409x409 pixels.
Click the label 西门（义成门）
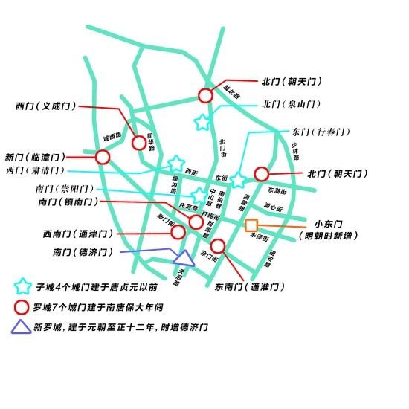click(45, 106)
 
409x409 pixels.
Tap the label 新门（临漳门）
click(35, 158)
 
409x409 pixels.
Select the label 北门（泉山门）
click(291, 105)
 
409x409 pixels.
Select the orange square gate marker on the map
click(251, 225)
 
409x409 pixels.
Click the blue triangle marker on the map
click(184, 257)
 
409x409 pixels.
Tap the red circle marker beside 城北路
click(206, 95)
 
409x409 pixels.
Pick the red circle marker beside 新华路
click(138, 143)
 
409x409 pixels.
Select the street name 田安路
click(273, 258)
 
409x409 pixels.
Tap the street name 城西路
click(112, 138)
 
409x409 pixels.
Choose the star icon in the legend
click(23, 285)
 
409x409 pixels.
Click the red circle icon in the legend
click(23, 306)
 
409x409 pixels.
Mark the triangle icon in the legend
click(23, 326)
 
